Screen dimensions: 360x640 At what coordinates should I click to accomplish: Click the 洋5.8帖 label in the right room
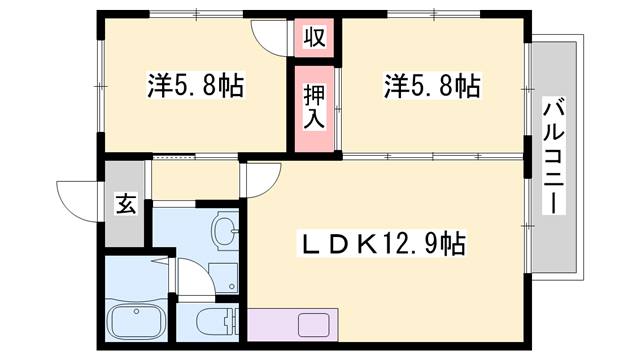pyautogui.click(x=431, y=85)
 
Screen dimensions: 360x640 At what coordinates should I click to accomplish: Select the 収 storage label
pyautogui.click(x=314, y=38)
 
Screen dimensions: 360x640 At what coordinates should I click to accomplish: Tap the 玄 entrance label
pyautogui.click(x=125, y=205)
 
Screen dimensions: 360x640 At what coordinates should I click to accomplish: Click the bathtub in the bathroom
pyautogui.click(x=136, y=322)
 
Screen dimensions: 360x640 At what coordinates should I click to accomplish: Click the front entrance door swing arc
pyautogui.click(x=78, y=194)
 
